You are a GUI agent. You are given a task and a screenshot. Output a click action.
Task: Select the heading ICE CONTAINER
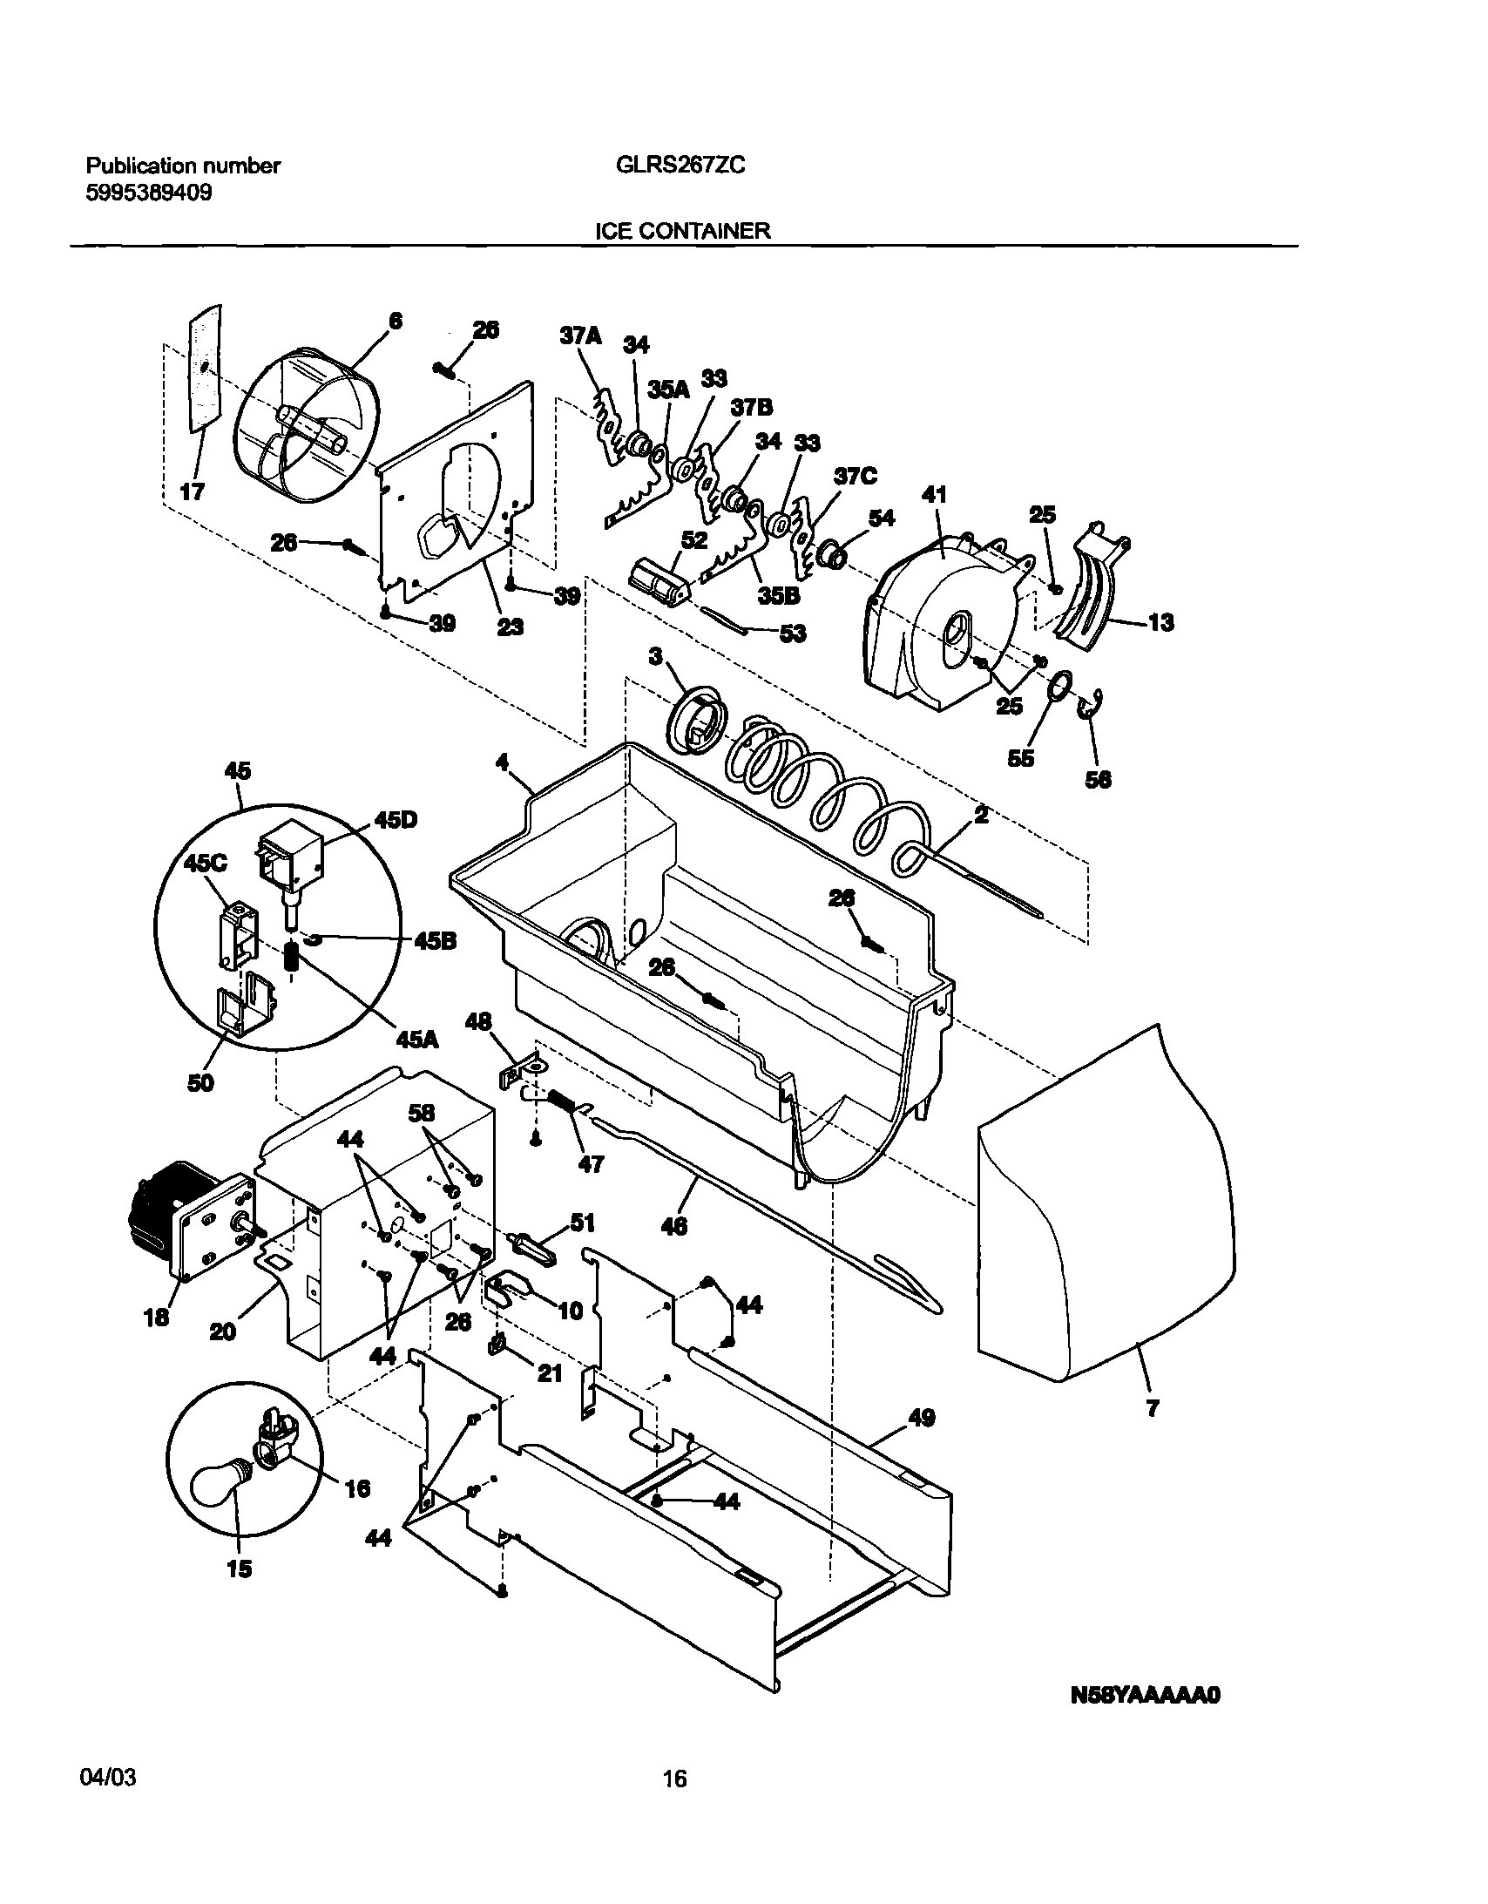tap(681, 231)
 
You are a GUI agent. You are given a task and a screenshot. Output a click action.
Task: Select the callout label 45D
tap(396, 821)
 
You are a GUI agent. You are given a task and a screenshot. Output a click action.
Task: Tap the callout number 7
tap(1153, 1409)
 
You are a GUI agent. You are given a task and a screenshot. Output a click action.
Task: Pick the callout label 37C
tap(856, 476)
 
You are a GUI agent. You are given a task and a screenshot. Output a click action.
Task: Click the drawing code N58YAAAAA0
tap(1146, 1696)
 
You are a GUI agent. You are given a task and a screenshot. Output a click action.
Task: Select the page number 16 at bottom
tap(674, 1778)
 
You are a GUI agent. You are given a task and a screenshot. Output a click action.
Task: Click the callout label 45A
tap(416, 1040)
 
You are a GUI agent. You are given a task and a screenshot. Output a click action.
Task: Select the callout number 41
tap(935, 495)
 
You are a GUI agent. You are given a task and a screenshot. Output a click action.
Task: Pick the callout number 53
tap(792, 634)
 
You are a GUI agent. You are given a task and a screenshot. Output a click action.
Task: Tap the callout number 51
tap(582, 1223)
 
